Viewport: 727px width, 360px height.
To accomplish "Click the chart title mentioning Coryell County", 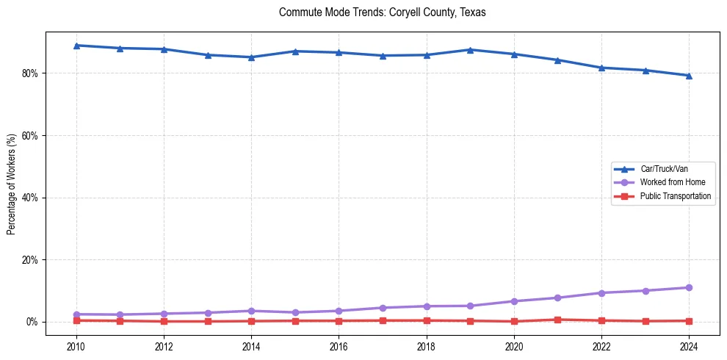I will [382, 12].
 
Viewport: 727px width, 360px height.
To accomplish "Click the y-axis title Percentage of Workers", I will [11, 184].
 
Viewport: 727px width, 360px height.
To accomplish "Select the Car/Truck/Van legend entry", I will [664, 169].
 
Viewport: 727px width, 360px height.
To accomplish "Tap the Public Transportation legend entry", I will [675, 196].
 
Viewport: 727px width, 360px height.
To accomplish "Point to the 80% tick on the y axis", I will [31, 73].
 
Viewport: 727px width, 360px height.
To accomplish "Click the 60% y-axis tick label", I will [31, 136].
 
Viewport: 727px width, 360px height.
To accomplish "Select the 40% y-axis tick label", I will [31, 198].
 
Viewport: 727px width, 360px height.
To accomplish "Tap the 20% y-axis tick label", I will [31, 260].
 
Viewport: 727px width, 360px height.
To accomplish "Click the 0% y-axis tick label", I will [33, 322].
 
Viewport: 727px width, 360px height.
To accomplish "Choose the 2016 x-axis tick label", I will [339, 346].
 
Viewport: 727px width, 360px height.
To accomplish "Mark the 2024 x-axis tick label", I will [689, 346].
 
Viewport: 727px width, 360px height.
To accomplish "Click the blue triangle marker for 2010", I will [76, 46].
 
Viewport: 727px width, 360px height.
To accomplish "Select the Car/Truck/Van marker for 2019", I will [470, 50].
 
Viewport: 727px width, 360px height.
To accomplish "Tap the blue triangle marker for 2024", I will [689, 76].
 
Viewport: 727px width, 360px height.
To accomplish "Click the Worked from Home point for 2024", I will [689, 288].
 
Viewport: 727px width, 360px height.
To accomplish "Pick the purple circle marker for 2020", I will [514, 301].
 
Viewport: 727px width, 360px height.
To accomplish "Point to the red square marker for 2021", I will [557, 320].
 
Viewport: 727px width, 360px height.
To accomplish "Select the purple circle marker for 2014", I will [251, 311].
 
